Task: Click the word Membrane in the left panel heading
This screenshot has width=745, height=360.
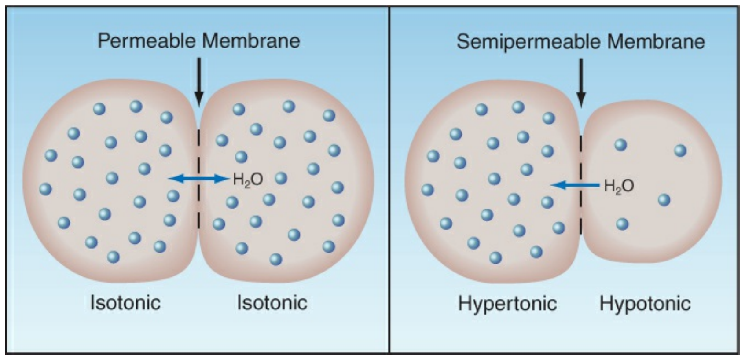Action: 251,41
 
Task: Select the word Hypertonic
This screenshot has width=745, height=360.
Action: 507,303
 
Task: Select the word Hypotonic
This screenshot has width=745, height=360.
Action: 645,303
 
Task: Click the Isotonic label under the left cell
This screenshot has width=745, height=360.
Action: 125,302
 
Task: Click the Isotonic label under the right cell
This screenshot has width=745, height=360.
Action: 272,302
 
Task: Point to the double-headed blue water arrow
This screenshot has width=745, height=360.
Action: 198,179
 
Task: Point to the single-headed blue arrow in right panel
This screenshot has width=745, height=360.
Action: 576,185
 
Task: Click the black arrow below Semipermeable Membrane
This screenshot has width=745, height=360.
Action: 581,83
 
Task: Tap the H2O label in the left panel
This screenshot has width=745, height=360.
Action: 248,180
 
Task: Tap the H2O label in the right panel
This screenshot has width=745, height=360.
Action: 619,186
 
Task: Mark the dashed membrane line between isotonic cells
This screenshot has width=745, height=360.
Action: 198,179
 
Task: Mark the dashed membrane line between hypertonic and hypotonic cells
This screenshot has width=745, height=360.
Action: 581,185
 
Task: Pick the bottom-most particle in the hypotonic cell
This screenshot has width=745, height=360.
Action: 622,224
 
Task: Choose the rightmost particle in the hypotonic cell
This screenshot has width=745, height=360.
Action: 680,151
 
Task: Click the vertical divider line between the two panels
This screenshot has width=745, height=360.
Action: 389,180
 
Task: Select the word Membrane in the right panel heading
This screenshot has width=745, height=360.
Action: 656,42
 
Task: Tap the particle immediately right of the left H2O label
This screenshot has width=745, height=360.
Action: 281,178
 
